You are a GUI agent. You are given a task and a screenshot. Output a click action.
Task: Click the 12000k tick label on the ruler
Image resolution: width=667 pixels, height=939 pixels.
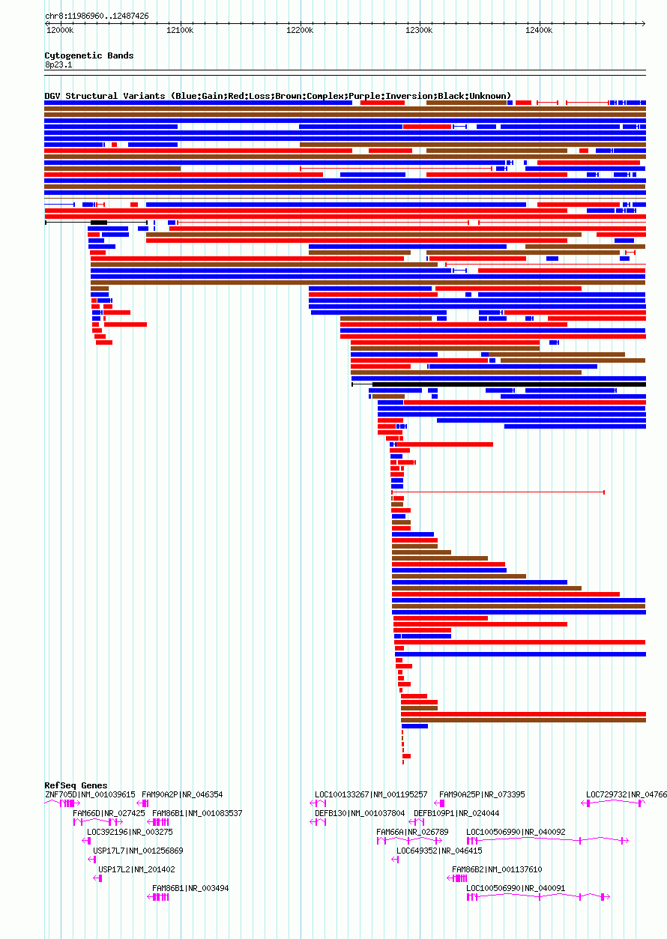60,30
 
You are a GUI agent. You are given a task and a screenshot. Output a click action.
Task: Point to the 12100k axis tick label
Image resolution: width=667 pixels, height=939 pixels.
180,30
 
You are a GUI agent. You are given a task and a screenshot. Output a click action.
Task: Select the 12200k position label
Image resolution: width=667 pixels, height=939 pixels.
300,30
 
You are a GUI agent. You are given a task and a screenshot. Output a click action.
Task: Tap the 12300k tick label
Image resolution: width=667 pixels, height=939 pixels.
419,30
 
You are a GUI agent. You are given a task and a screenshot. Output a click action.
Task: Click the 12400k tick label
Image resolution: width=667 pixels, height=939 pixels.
539,30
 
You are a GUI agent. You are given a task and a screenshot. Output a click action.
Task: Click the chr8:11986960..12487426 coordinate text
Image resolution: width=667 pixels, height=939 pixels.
97,16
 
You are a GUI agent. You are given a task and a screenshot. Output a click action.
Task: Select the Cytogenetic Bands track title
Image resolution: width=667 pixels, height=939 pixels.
89,55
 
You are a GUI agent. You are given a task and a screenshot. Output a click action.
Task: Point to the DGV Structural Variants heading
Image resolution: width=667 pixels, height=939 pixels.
277,96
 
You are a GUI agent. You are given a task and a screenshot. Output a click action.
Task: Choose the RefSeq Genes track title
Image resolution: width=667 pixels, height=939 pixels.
76,785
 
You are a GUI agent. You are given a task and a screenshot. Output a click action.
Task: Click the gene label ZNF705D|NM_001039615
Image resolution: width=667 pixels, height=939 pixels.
90,794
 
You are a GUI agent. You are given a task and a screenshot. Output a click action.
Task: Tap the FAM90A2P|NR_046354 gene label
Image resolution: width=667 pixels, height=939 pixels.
182,794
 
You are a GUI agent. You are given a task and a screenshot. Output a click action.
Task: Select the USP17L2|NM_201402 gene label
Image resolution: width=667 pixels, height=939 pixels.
136,869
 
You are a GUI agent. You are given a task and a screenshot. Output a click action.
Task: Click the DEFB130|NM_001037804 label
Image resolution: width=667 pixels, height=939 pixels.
360,813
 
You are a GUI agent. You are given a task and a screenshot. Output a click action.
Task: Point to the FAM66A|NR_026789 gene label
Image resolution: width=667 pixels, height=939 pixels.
412,832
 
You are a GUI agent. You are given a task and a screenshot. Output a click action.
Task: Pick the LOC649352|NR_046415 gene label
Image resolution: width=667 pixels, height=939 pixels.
439,851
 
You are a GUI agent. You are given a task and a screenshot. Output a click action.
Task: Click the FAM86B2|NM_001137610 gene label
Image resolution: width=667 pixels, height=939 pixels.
497,869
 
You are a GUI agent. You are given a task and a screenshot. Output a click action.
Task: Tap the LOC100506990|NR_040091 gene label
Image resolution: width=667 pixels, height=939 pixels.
516,888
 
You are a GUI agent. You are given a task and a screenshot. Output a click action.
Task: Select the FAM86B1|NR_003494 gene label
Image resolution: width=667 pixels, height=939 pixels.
190,888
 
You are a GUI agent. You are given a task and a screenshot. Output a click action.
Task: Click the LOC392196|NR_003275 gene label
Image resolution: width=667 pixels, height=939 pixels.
130,832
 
